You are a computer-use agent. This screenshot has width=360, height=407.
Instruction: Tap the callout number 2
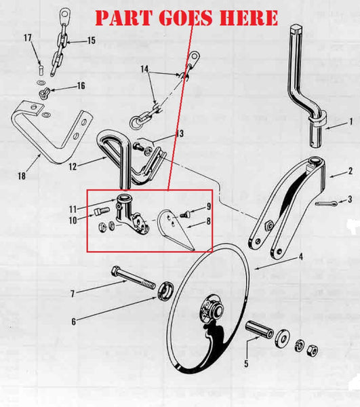350,173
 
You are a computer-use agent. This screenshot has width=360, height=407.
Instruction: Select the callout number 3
349,199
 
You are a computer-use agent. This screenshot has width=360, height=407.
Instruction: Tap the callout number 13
179,134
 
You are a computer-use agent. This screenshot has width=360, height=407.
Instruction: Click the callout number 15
91,42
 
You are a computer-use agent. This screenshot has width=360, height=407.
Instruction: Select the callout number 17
28,38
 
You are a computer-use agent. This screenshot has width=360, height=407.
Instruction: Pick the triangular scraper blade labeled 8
178,230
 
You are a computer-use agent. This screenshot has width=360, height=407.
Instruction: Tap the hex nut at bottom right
313,351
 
